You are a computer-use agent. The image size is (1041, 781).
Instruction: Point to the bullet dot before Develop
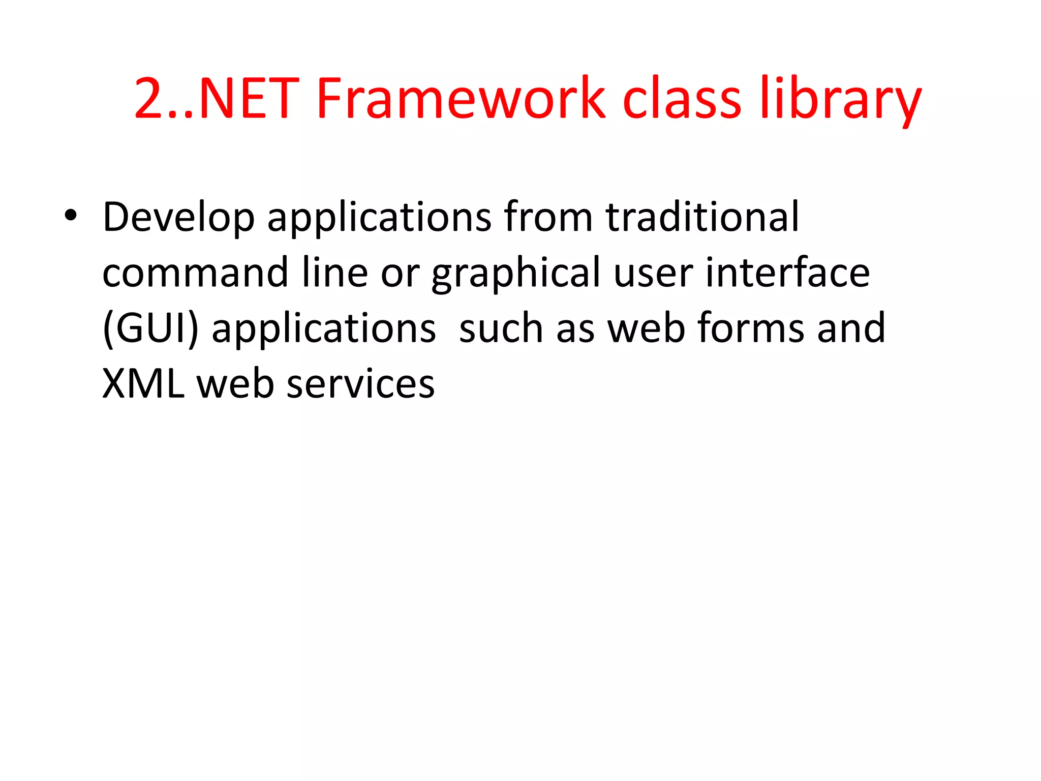pyautogui.click(x=71, y=216)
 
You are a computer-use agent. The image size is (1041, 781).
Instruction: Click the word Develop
pyautogui.click(x=178, y=217)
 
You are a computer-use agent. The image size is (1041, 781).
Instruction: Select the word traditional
pyautogui.click(x=702, y=217)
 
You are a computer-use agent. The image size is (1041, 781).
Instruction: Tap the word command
pyautogui.click(x=195, y=273)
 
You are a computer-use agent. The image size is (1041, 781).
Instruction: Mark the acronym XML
pyautogui.click(x=143, y=383)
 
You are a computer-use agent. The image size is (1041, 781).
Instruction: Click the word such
pyautogui.click(x=501, y=328)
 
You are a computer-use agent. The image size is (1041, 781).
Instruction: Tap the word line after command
pyautogui.click(x=334, y=273)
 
